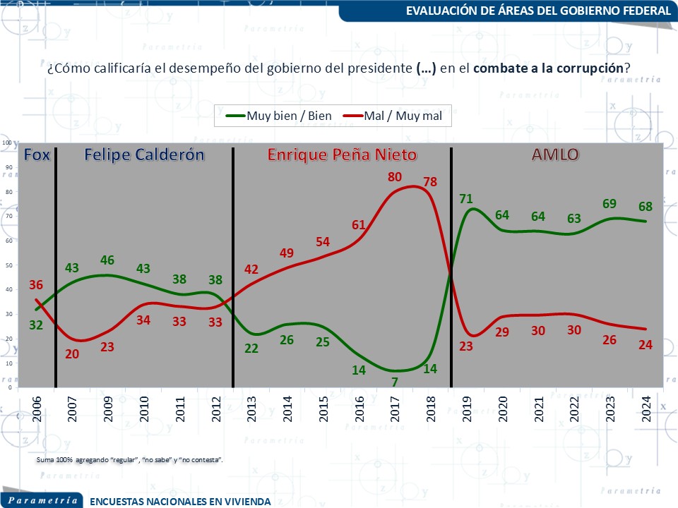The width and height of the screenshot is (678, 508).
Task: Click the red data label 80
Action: click(395, 177)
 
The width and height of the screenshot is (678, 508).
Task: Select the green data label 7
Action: click(394, 382)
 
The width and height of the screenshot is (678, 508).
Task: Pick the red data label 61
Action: click(359, 225)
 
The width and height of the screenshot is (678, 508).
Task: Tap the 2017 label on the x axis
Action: click(395, 408)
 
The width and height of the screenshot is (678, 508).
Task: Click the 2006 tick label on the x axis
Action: click(36, 408)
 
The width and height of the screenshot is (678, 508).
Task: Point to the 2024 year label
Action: click(646, 408)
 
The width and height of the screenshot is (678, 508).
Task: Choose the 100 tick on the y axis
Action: click(7, 143)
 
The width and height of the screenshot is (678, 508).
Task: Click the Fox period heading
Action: click(37, 155)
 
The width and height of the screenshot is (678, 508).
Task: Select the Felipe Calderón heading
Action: click(145, 155)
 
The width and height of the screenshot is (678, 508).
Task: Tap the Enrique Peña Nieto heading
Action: click(342, 155)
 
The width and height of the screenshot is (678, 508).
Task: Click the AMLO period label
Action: click(555, 155)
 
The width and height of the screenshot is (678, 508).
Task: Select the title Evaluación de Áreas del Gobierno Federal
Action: click(538, 11)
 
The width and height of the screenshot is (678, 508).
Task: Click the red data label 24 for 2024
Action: click(644, 346)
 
